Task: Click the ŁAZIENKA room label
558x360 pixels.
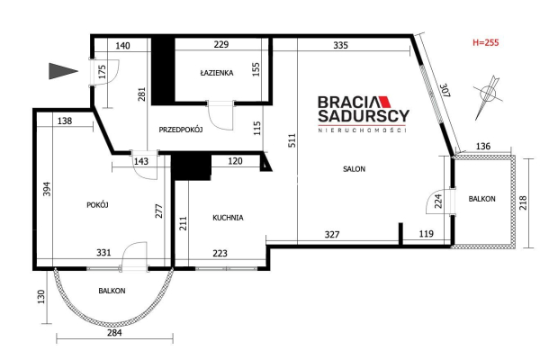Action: coord(216,73)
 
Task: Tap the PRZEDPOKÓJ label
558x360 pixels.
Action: coord(181,130)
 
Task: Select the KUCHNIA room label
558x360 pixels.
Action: coord(228,218)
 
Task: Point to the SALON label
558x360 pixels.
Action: coord(354,169)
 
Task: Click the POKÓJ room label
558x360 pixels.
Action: coord(97,205)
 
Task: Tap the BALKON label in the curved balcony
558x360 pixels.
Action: coord(112,291)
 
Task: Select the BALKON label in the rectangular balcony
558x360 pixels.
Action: coord(481,199)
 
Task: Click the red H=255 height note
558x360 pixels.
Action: coord(486,42)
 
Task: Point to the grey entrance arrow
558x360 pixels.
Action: coord(63,71)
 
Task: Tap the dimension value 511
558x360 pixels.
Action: coord(292,140)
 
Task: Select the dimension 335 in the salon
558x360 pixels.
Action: coord(340,46)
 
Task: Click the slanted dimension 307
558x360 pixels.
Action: coord(445,91)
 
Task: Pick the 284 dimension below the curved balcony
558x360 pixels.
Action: coord(114,333)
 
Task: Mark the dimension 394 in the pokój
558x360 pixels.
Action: coord(47,189)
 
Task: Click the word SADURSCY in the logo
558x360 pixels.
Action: coord(364,116)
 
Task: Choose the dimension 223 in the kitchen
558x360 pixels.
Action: coord(220,253)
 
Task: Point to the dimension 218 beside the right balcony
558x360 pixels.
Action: coord(523,202)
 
